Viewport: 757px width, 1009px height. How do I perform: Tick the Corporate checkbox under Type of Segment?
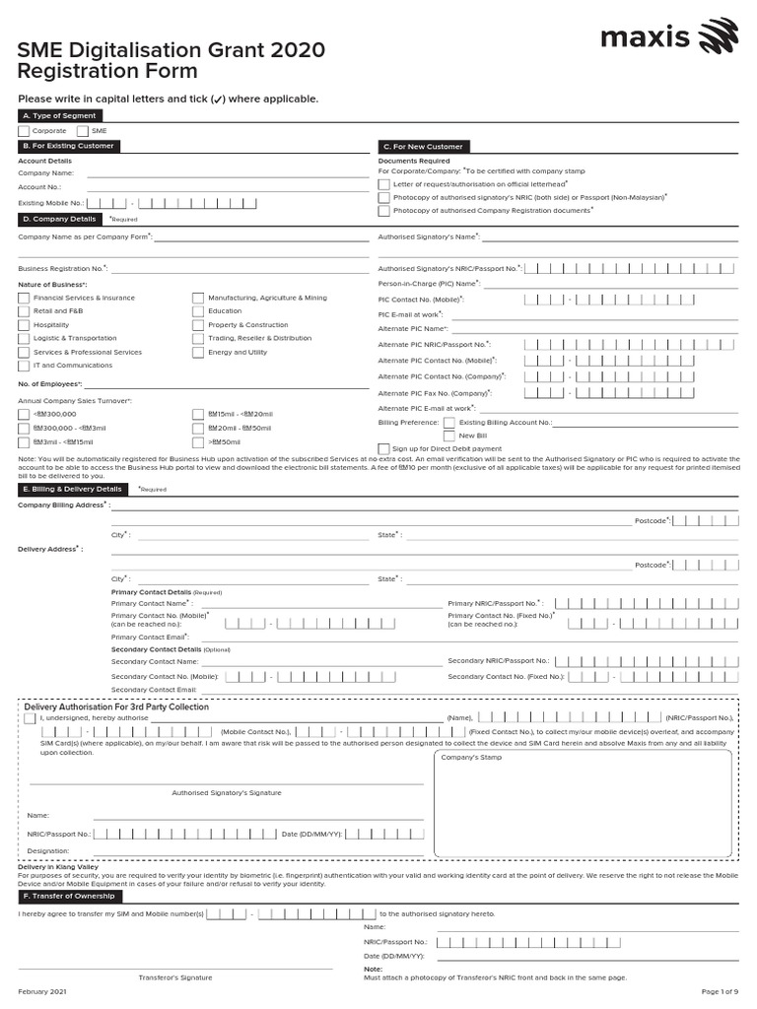click(x=24, y=131)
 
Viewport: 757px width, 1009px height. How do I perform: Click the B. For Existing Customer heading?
click(x=67, y=146)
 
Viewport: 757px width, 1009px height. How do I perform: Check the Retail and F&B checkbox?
click(x=24, y=310)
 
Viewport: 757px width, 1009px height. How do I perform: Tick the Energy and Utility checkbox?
click(x=198, y=352)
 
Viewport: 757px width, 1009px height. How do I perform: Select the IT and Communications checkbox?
click(x=24, y=366)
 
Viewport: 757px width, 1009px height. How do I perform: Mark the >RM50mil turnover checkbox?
click(x=198, y=442)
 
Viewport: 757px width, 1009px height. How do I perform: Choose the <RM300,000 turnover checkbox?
click(x=24, y=415)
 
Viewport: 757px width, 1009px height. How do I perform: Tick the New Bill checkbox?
click(x=449, y=435)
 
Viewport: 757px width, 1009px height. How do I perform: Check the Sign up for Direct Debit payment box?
click(x=384, y=448)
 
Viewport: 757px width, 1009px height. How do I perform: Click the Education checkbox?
click(x=198, y=310)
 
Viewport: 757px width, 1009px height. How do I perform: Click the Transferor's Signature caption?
click(x=174, y=977)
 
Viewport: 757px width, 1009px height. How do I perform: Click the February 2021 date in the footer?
click(x=41, y=990)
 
